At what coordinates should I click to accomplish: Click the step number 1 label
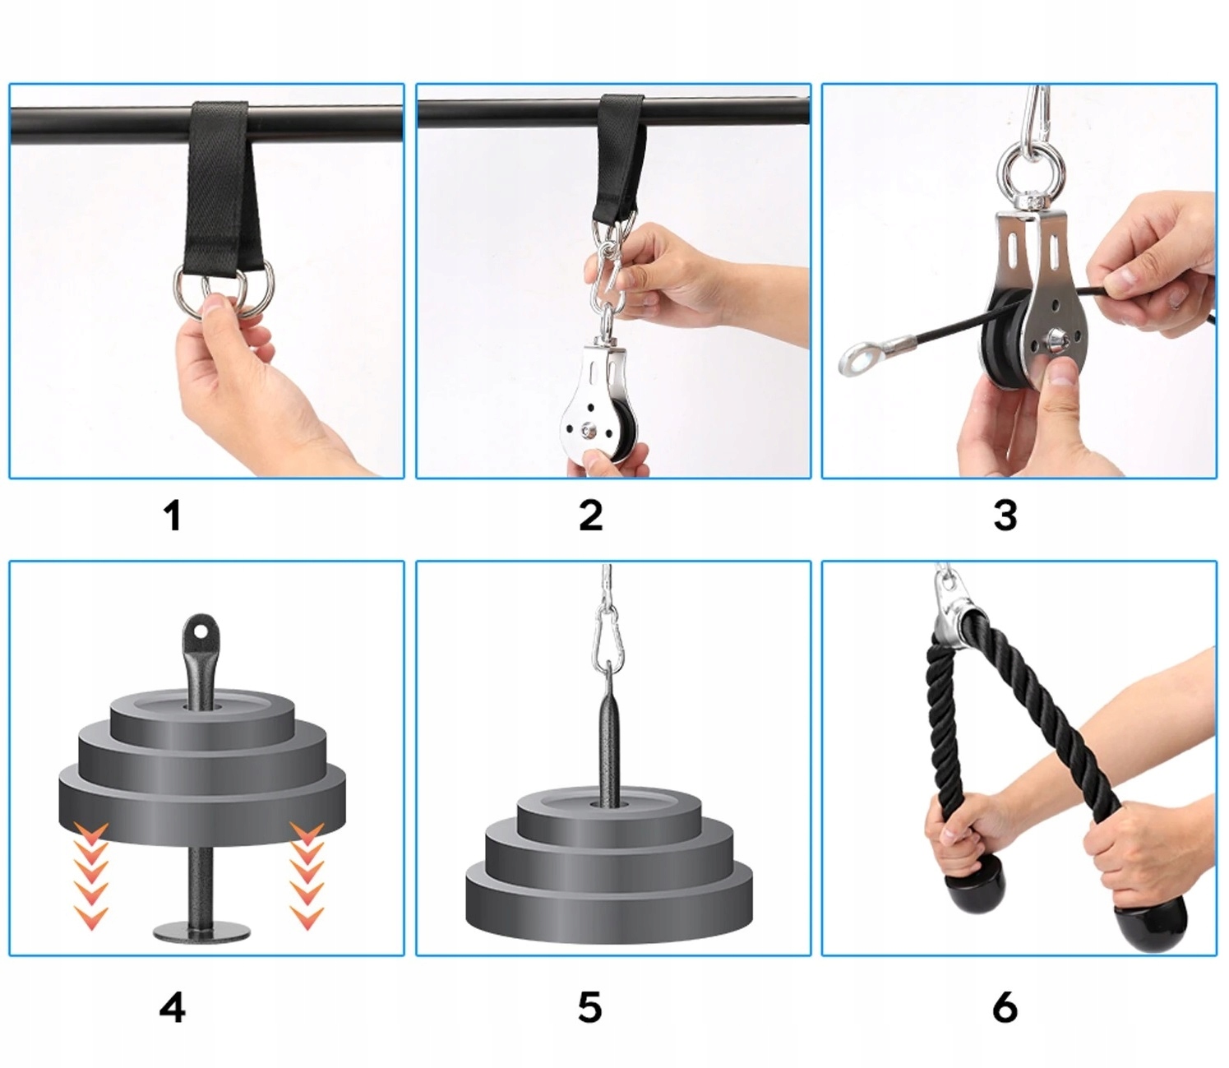[173, 516]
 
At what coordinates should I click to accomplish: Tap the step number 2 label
[590, 516]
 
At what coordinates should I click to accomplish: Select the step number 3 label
[1005, 516]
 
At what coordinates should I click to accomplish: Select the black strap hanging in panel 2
[620, 160]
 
